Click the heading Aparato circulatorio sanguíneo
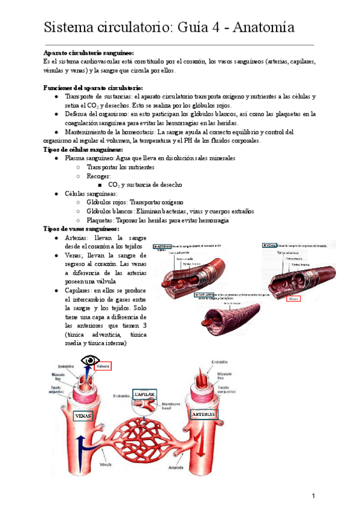point(89,53)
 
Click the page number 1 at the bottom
point(313,496)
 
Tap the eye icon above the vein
point(91,361)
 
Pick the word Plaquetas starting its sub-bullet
point(100,220)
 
